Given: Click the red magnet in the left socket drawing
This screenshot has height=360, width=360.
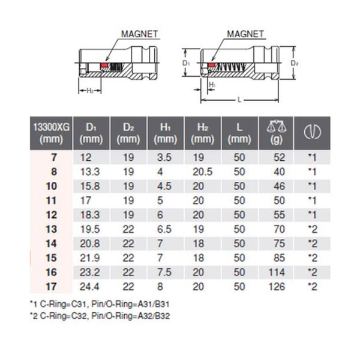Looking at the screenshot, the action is click(x=104, y=65).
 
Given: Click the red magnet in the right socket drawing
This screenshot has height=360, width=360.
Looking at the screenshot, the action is click(x=211, y=65).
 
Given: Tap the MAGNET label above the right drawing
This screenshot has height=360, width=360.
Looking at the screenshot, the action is click(x=245, y=34).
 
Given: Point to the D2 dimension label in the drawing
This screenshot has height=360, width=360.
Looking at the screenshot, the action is click(x=295, y=63).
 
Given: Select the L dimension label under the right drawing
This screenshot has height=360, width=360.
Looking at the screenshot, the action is click(x=239, y=100).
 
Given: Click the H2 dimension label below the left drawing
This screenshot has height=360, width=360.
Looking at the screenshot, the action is click(x=90, y=91).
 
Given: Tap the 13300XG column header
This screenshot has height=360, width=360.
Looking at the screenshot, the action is click(x=51, y=133).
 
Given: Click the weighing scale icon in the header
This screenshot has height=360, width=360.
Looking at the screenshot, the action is click(x=276, y=127).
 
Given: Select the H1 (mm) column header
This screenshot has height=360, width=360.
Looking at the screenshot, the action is click(x=166, y=133).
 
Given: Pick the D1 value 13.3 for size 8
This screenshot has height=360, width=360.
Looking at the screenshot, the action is click(x=90, y=172).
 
